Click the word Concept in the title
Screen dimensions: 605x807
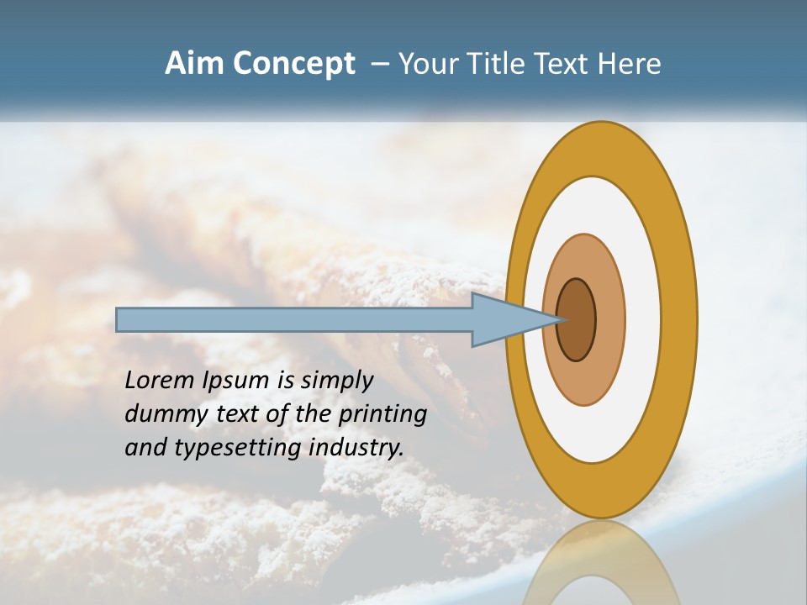click(x=295, y=64)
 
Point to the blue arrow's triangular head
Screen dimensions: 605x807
click(x=504, y=319)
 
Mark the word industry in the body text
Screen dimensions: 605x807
click(x=356, y=449)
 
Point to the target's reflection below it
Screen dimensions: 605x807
click(x=600, y=563)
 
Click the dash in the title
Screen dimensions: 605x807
click(x=380, y=65)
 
